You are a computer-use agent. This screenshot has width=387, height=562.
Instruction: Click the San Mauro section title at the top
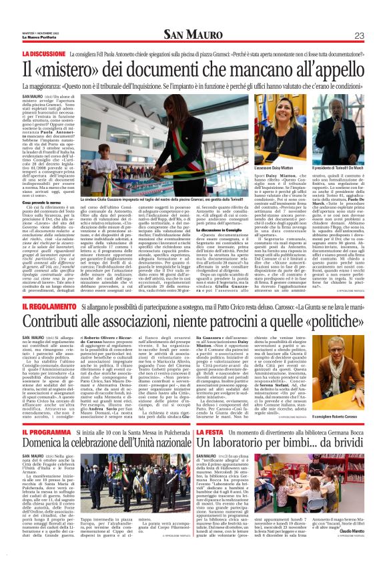pyautogui.click(x=193, y=35)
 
